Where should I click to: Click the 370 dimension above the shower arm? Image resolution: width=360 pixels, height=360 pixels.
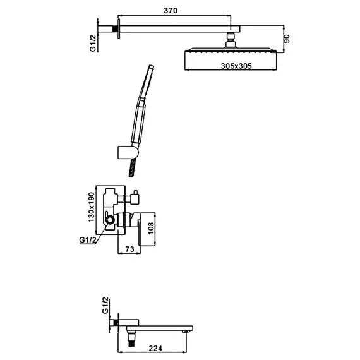171,11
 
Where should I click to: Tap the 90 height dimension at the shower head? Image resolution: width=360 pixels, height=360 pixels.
287,39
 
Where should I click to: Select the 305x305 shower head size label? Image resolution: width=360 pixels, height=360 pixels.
236,66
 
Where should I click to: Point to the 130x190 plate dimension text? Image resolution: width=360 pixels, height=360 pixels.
92,207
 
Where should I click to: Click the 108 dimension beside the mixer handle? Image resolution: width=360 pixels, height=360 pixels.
151,228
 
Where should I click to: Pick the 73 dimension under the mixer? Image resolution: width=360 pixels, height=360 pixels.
129,249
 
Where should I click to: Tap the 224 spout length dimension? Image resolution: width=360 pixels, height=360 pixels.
155,348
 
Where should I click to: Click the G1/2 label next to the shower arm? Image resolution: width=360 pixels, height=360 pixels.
92,44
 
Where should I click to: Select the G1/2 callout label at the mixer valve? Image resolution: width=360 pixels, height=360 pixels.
88,240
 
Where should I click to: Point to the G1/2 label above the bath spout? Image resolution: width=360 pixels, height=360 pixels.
105,306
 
